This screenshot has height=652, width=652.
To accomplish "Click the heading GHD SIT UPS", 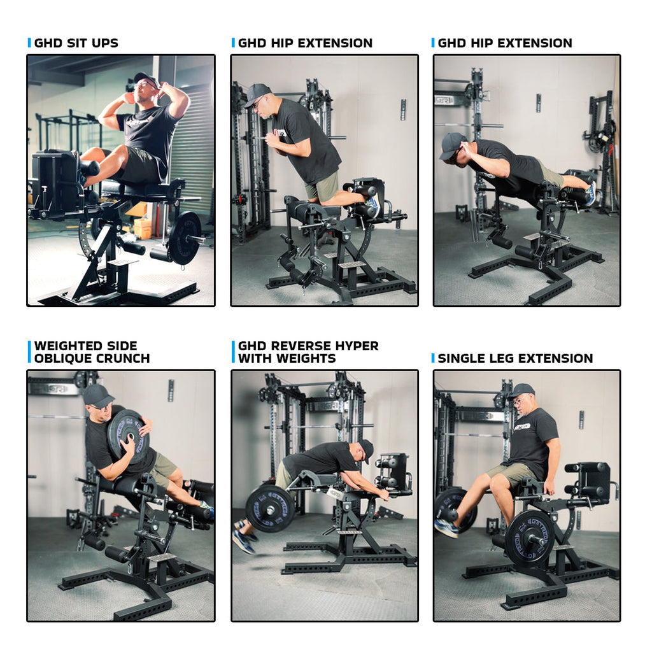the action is (x=76, y=43).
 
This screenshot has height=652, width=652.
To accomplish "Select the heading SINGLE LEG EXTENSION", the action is (x=515, y=358).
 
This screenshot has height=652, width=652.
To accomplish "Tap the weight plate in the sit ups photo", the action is (x=184, y=238).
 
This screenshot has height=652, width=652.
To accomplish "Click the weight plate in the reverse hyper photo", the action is (x=269, y=509).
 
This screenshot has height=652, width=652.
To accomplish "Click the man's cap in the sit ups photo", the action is (x=146, y=78).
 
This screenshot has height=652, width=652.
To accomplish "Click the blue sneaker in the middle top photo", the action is (x=372, y=206).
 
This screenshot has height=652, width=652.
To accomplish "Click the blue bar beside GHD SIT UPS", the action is (x=29, y=43).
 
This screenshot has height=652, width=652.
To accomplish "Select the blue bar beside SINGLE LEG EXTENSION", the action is (x=433, y=358).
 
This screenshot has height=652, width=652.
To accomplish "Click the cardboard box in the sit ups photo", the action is (x=143, y=229).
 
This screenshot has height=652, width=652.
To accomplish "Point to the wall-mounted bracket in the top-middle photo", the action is (x=403, y=110).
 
